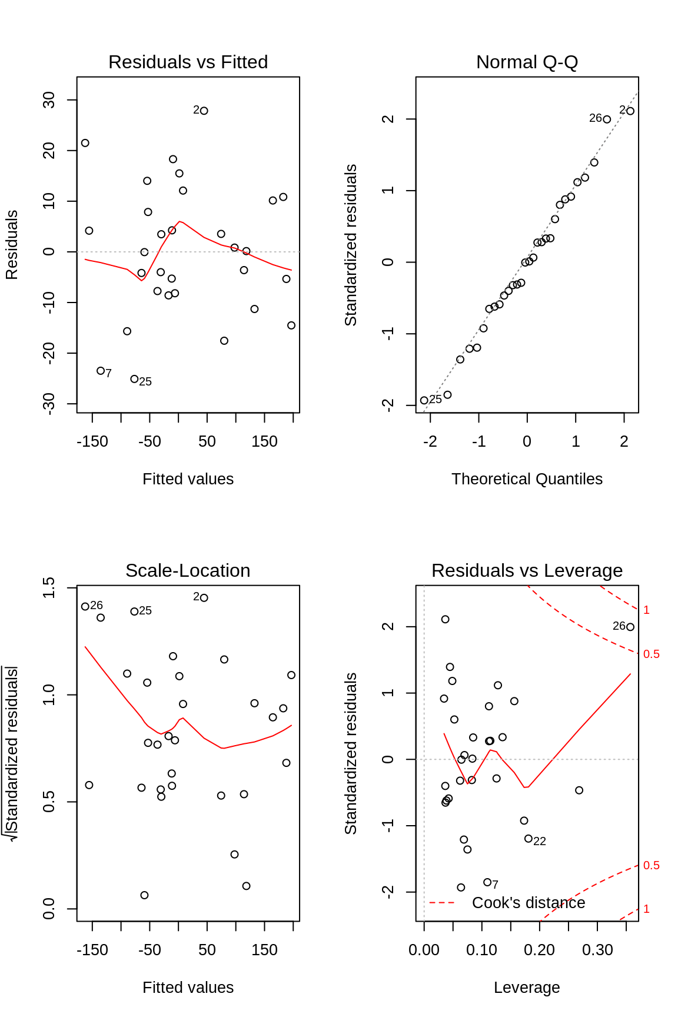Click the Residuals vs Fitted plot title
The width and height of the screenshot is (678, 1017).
click(x=188, y=62)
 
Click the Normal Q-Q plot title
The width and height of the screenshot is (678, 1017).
click(x=527, y=62)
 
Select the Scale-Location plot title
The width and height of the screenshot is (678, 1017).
click(x=188, y=570)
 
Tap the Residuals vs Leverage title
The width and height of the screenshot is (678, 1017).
click(x=527, y=570)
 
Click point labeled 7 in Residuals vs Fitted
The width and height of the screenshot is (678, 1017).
click(x=101, y=371)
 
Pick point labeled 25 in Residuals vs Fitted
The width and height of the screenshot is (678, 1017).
click(x=134, y=379)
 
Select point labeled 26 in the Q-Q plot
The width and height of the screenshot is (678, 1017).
click(x=607, y=119)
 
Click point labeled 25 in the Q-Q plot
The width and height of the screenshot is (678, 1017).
click(x=424, y=400)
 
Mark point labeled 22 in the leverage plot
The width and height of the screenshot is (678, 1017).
click(x=529, y=839)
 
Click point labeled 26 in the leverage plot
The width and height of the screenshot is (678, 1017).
click(x=630, y=627)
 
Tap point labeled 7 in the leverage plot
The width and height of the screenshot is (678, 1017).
click(x=487, y=882)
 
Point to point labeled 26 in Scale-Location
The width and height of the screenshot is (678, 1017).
click(x=85, y=606)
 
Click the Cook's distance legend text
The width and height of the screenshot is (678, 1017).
click(x=529, y=903)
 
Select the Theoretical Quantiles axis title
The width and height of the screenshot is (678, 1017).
click(x=527, y=479)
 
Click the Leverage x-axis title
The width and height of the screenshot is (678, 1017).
click(x=527, y=988)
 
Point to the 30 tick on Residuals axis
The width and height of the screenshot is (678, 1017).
click(x=49, y=100)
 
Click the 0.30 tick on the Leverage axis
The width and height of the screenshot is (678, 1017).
click(x=597, y=950)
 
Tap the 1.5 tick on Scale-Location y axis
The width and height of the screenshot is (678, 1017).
click(x=49, y=588)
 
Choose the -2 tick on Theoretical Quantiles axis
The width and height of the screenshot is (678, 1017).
click(x=430, y=441)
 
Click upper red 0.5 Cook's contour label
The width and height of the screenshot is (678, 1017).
click(x=651, y=654)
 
